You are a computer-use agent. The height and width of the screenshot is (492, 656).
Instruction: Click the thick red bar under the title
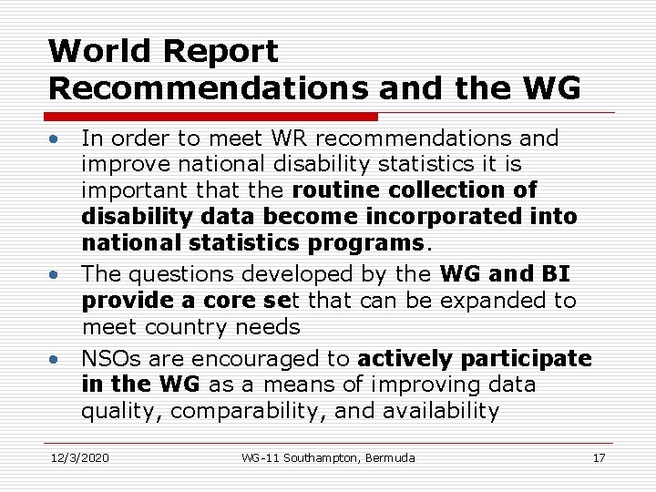tap(210, 117)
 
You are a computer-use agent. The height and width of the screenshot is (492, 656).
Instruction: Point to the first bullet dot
tap(56, 139)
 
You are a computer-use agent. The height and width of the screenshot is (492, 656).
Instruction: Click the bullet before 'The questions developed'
tap(56, 274)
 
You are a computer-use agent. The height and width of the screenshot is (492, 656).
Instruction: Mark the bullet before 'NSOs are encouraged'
tap(56, 358)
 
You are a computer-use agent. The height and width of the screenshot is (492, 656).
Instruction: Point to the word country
tap(198, 326)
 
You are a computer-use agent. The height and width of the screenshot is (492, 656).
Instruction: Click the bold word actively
tap(405, 359)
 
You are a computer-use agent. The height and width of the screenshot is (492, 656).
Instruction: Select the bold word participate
tap(525, 359)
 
